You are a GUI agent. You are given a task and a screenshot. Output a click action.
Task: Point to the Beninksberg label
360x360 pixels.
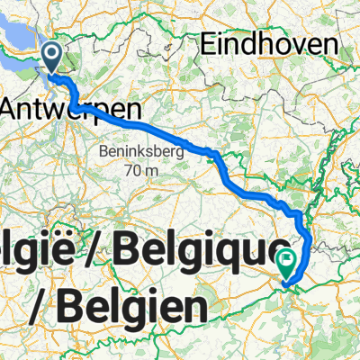click(x=138, y=148)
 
